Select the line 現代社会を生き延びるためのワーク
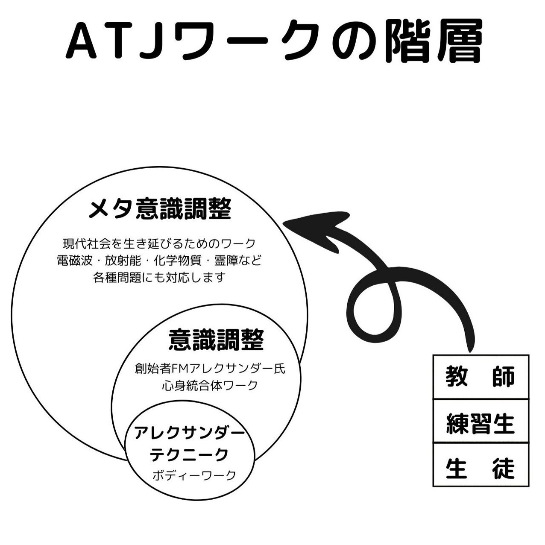click(x=159, y=244)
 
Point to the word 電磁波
click(x=75, y=261)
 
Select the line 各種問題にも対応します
click(x=159, y=278)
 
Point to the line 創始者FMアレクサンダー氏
click(x=210, y=368)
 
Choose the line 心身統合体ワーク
click(x=210, y=385)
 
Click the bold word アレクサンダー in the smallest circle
click(x=190, y=434)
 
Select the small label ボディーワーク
click(x=194, y=475)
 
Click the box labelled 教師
click(x=481, y=377)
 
